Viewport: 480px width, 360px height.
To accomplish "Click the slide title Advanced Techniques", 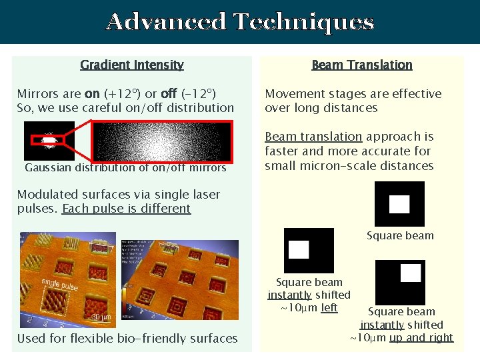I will [x=240, y=22].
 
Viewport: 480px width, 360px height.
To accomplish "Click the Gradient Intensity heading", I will [x=132, y=65].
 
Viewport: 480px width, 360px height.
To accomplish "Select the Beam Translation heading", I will [x=362, y=65].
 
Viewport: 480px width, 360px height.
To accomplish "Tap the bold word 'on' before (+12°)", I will [x=92, y=93].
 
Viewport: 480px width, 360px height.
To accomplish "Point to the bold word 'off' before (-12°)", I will [x=169, y=93].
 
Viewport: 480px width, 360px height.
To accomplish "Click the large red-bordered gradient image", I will [x=161, y=141].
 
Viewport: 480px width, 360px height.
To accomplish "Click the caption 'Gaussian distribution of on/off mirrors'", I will [x=125, y=167].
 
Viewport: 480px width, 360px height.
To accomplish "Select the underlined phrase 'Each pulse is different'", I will [x=126, y=209].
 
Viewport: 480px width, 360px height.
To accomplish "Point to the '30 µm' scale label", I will [x=101, y=317].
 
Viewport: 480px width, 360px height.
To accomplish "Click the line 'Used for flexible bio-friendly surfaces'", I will [x=127, y=338].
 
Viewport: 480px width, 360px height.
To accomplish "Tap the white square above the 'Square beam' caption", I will [x=399, y=204].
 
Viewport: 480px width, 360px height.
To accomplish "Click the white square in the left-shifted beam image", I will [x=299, y=249].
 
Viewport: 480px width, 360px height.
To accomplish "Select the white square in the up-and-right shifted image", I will [x=410, y=273].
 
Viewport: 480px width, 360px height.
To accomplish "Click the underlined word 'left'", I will [x=329, y=307].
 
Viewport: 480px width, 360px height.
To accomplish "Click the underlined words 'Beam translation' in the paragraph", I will [x=313, y=137].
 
